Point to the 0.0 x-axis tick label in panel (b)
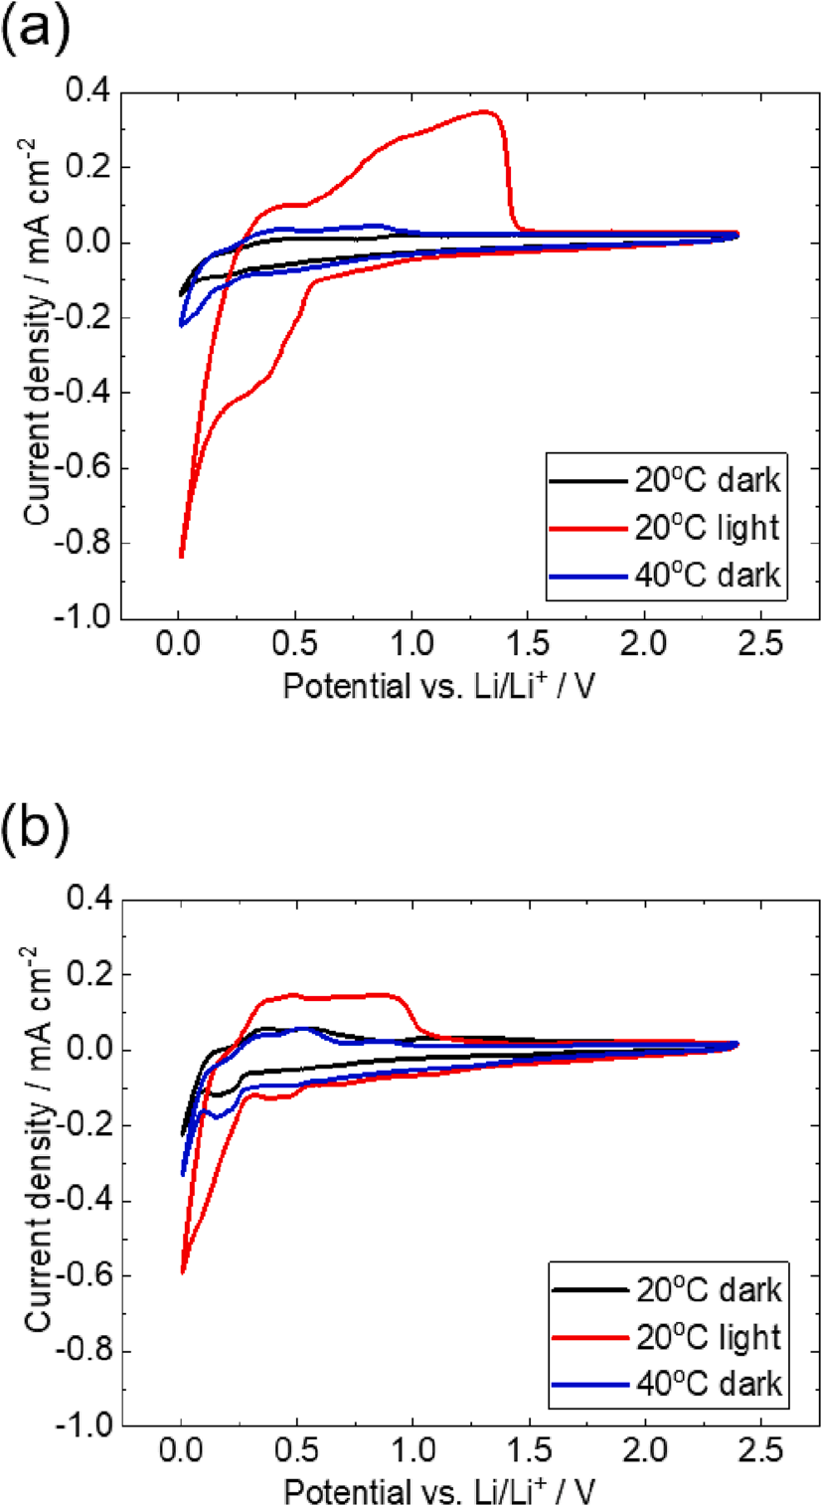[x=180, y=1456]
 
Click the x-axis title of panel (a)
[x=440, y=688]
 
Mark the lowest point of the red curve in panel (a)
[x=181, y=557]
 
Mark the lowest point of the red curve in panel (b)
[x=183, y=1271]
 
